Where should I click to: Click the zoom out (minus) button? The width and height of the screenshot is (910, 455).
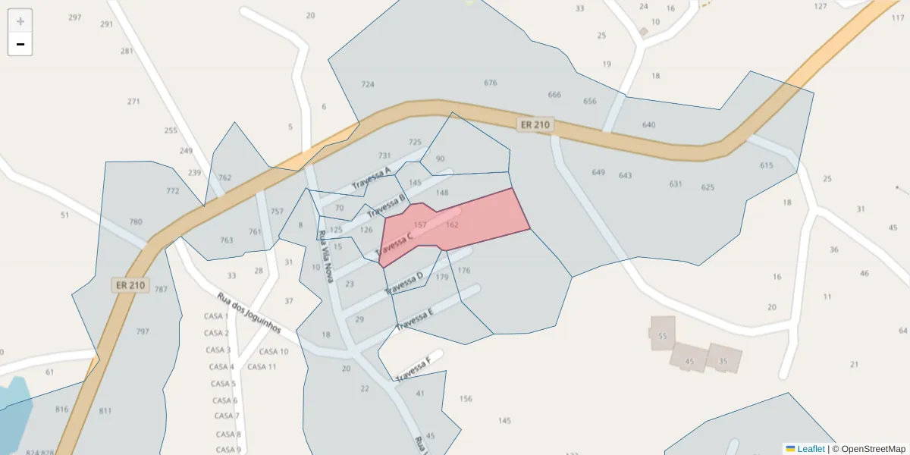point(20,44)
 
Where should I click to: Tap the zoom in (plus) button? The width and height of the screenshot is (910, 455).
point(20,20)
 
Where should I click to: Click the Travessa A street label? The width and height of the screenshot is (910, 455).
point(371,179)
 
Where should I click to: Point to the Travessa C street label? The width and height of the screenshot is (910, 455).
point(394,243)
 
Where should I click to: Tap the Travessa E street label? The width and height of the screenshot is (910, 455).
point(414,319)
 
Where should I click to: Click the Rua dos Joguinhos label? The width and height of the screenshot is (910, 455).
point(249,313)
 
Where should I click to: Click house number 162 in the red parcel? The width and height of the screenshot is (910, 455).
point(452,224)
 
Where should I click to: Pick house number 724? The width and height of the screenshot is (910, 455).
point(368,84)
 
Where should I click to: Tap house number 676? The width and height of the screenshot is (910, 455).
point(491,83)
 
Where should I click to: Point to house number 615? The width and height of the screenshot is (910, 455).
point(767,165)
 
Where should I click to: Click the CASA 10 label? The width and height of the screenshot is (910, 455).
point(274,351)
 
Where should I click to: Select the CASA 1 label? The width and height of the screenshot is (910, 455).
point(216,315)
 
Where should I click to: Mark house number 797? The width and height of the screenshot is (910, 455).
point(143,331)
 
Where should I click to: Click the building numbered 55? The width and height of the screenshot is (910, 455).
point(662,334)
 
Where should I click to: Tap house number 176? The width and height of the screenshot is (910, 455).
point(464,270)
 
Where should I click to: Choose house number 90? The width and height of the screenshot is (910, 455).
point(441,158)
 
